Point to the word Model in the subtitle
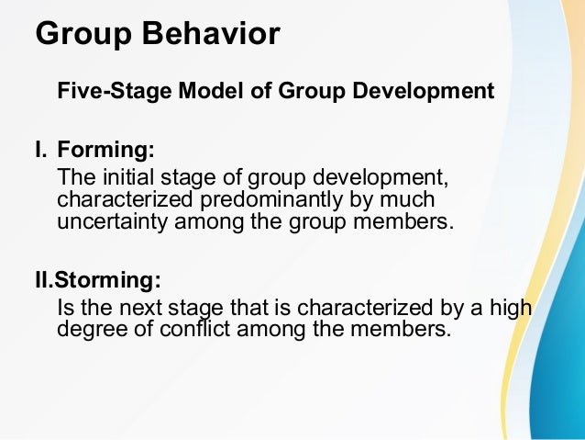coord(195,92)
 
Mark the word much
coord(409,199)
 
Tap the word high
coord(512,308)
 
